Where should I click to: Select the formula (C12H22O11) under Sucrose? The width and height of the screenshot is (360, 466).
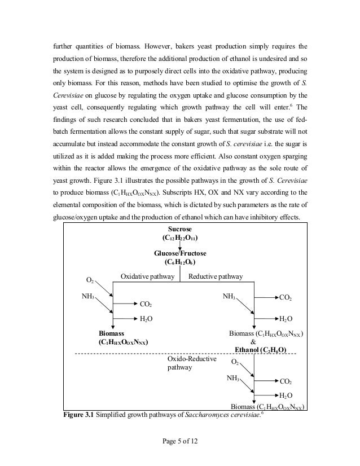click(x=179, y=238)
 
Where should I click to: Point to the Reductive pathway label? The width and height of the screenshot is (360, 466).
click(x=216, y=276)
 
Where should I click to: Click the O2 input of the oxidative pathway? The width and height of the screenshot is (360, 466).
click(x=90, y=280)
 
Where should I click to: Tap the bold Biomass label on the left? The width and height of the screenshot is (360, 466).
click(x=111, y=333)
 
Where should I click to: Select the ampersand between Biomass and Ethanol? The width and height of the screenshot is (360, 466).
click(x=252, y=341)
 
